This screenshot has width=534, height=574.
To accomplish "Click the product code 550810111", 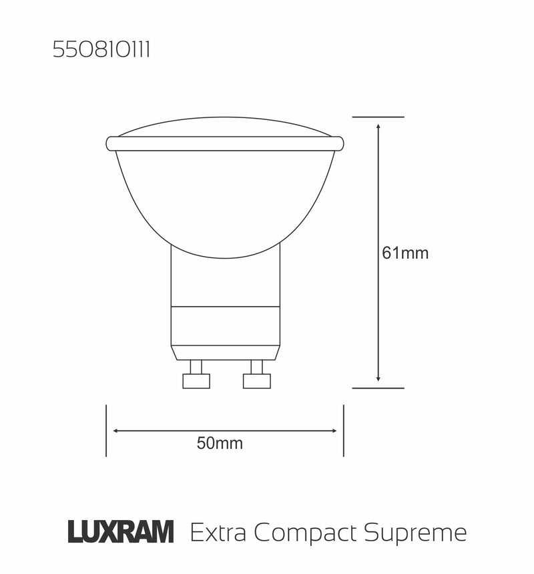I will pos(101,51).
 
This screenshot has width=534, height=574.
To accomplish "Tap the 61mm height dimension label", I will pos(405,253).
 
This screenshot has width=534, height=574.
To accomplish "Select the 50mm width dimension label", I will pos(220,444).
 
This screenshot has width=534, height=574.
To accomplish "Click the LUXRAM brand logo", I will pos(121,533).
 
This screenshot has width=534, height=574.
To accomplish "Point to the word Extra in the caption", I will pos(218,533).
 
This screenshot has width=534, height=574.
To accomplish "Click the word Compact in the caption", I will pos(306,533).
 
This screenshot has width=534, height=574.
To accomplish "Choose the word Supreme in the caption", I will pos(416,533).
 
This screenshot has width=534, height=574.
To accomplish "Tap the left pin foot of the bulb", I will pos(196,381).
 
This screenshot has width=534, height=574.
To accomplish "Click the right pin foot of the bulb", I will pos(257,381).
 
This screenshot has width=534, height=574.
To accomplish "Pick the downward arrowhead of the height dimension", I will pos(378,379).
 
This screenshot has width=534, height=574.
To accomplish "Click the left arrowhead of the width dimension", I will pos(116,431).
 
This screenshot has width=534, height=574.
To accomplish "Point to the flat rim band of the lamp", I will pos(225,143).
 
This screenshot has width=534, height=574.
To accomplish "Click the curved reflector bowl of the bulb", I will pos(225,200).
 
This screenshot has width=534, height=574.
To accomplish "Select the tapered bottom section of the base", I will pos(225,352).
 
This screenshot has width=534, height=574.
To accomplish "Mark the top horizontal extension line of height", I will pos(378,117).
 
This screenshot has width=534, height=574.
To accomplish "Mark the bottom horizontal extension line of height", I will pos(378,387).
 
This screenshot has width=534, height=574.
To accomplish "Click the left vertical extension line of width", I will pos(106,431).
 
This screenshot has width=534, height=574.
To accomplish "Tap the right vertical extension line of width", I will pos(343,431).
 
